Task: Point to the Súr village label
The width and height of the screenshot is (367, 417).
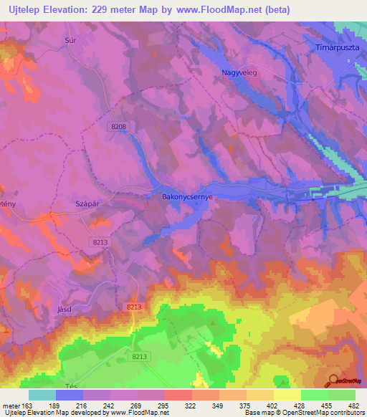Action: [70, 42]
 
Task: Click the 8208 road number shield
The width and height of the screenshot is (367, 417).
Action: [119, 126]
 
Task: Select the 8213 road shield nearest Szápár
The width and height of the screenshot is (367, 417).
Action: [100, 243]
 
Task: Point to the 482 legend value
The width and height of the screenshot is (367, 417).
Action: [355, 406]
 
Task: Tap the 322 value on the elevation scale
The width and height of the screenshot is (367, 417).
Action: [191, 406]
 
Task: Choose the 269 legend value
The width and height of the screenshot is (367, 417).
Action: [137, 406]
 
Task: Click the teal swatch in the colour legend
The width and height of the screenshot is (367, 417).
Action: [42, 395]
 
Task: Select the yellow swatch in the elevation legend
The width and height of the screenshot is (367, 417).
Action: [287, 395]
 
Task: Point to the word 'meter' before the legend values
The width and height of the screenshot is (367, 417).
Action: [11, 406]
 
